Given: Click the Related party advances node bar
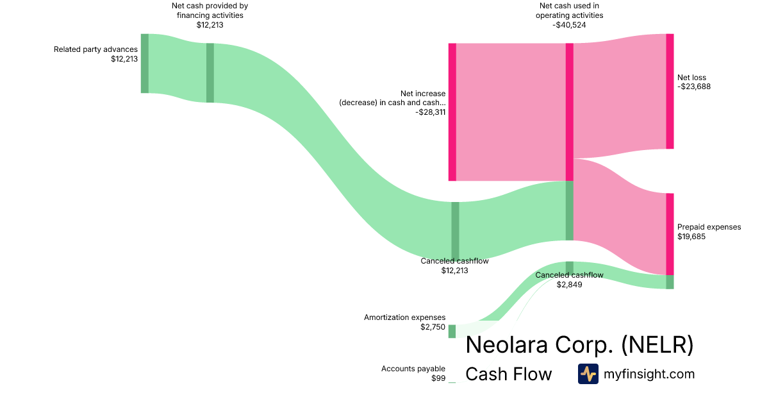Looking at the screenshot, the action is pos(145,63).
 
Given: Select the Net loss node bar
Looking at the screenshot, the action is pos(670,91).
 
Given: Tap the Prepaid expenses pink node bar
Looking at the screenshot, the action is pos(670,234).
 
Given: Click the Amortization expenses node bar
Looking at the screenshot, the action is pos(452,331).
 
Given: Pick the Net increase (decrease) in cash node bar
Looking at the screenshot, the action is pos(452,112).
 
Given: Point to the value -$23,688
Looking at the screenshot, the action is pos(694,87).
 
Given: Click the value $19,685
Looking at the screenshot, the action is pos(693,237).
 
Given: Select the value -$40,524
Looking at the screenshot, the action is pos(569,25).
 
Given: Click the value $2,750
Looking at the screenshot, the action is pos(433,327).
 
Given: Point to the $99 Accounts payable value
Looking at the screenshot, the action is pos(438,378).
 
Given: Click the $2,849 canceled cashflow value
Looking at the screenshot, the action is pos(569,285).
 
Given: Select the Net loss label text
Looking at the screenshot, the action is pos(691,78).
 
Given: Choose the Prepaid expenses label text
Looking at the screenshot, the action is pos(709,227).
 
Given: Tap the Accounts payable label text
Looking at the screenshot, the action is pos(413,369).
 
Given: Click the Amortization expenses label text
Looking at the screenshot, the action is pos(404,317).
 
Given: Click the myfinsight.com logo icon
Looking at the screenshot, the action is pos(588,374).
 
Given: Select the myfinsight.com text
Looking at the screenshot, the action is pos(649,374).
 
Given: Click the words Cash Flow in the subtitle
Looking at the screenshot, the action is pos(508,374).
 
